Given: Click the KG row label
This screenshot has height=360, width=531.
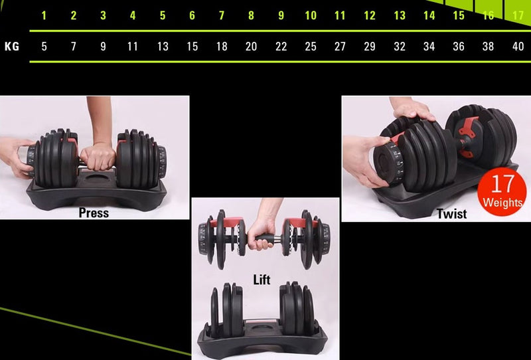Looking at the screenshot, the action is pos(12,46).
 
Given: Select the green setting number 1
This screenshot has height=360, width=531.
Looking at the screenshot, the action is pos(44,15).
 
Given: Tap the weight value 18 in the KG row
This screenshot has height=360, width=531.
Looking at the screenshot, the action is pos(222,46).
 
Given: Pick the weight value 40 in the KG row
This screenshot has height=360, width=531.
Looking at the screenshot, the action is pos(518,46).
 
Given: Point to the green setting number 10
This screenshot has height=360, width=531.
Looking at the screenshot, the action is pos(311,15).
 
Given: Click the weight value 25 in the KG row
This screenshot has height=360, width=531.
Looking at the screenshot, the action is pos(311,46).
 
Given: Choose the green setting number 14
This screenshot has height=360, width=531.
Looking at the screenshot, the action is pos(429,15).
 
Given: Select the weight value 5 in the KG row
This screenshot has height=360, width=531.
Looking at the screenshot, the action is pos(44,46).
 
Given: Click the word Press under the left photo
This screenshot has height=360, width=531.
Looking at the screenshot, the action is pos(94,213).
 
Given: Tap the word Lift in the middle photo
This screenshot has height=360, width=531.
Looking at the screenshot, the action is pos(262,280).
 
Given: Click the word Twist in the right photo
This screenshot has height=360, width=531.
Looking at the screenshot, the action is pos(451,214).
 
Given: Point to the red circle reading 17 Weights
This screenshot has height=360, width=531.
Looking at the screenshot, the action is pos(502,191).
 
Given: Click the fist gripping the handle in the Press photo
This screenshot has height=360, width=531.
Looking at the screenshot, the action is pos(98,157).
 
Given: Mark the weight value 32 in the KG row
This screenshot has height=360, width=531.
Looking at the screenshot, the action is pos(400,46).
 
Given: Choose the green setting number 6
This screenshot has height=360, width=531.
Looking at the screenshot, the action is pos(192,15).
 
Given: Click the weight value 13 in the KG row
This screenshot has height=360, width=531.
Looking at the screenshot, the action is pos(163,46).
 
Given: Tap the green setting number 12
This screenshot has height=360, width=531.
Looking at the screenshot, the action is pos(370,15).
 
